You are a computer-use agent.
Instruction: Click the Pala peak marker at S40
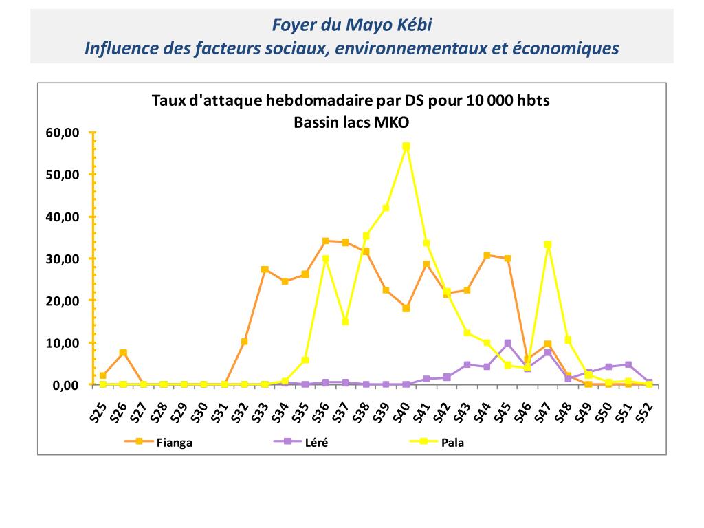[406, 146]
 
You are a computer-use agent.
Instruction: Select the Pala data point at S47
[548, 245]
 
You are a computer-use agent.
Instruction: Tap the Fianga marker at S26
[123, 353]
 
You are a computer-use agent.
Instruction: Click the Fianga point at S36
[325, 241]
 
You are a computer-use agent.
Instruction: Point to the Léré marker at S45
[507, 343]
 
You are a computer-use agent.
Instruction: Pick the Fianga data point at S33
[265, 269]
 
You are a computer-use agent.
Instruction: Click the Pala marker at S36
[325, 259]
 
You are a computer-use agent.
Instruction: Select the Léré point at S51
[628, 364]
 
